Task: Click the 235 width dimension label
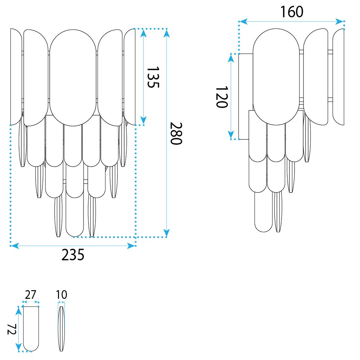click(73, 255)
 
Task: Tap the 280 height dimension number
click(176, 134)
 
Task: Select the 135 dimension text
click(153, 77)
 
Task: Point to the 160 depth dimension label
click(292, 12)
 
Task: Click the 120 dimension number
click(222, 97)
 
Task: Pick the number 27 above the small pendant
click(31, 294)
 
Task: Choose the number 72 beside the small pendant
click(12, 329)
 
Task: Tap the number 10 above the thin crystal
click(62, 294)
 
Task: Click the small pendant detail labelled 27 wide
click(31, 329)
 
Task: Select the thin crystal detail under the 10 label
click(61, 329)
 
